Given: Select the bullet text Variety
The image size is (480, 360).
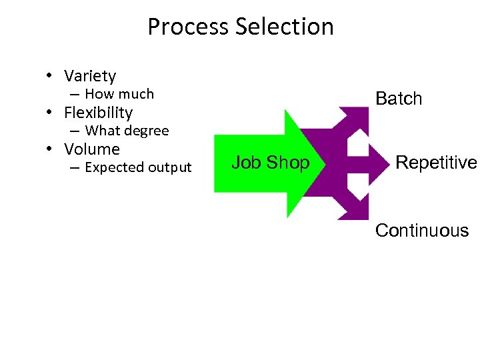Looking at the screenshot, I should point(90,76).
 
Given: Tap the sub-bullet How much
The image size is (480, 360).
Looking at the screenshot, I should point(119,94).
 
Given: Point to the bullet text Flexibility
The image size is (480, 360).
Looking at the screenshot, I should point(98,113).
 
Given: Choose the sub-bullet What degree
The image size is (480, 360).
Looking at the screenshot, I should point(127,131).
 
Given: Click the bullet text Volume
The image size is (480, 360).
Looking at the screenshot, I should point(91,149).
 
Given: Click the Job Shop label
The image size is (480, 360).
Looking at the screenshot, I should point(270,163).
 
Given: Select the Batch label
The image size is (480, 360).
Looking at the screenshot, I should point(399,99).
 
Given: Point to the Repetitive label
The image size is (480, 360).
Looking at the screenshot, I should point(436,163).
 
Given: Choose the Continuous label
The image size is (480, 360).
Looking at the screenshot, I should point(422,231).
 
